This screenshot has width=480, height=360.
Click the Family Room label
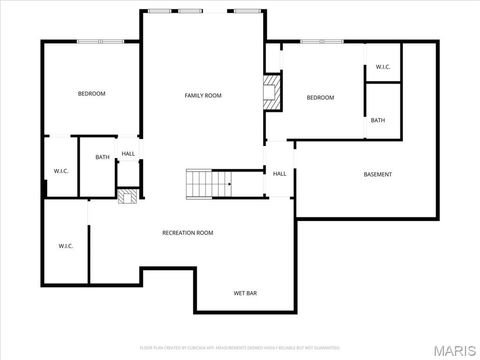(202, 95)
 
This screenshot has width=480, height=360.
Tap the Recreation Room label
(188, 232)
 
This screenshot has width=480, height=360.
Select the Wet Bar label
(246, 293)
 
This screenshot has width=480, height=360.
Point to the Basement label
(377, 174)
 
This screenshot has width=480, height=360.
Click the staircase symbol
(208, 184)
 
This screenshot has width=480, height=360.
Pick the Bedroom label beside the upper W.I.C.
(320, 97)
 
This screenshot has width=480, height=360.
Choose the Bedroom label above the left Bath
(91, 93)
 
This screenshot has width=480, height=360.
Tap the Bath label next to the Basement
(377, 120)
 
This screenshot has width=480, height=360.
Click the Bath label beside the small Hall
(102, 157)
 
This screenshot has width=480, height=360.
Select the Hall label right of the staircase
(280, 173)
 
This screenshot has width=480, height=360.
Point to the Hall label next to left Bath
(128, 154)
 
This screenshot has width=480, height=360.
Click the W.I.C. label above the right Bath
(383, 67)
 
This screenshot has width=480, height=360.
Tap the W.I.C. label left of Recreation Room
(66, 245)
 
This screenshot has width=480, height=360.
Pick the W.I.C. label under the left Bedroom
(60, 171)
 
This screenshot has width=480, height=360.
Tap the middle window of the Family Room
(189, 11)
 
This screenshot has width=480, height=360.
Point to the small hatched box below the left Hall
(126, 197)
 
